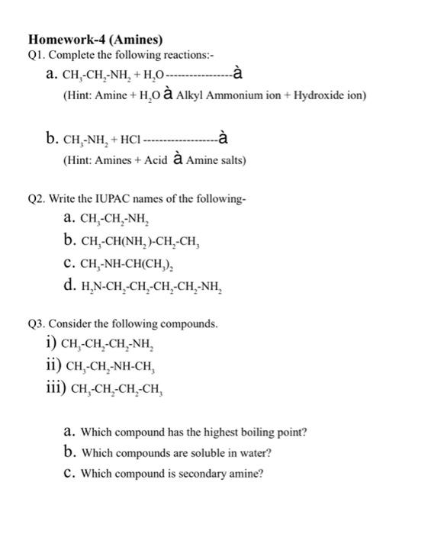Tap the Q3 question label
pyautogui.click(x=37, y=324)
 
